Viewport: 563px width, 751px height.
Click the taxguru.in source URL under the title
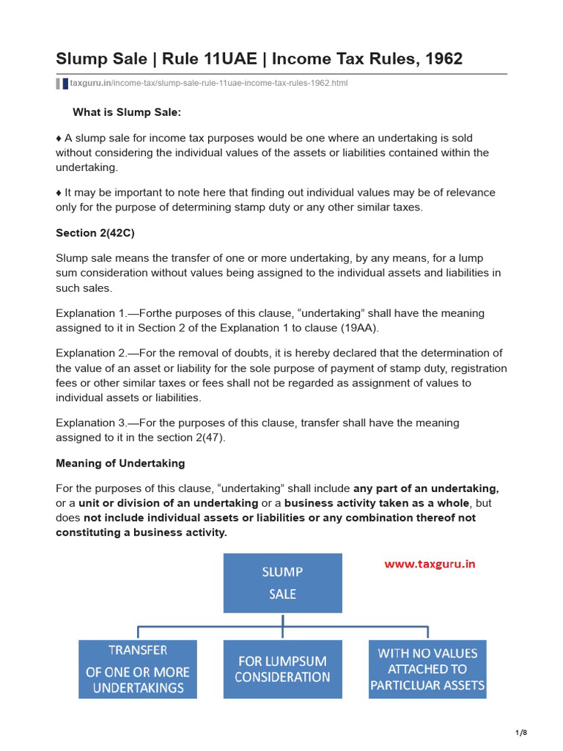[209, 83]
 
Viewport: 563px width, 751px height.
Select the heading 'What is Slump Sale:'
[126, 112]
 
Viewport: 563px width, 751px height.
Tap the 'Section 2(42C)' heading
[95, 232]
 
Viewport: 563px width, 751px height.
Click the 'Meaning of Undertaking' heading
[120, 463]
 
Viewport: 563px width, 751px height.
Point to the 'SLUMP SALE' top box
[282, 583]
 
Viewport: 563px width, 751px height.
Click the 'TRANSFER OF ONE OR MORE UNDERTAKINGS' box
[138, 669]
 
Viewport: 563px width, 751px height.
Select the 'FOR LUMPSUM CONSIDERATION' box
[282, 669]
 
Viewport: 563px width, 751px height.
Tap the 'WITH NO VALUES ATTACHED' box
[427, 669]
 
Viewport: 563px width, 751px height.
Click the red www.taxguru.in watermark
[430, 565]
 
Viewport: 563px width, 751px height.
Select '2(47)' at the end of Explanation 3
[209, 437]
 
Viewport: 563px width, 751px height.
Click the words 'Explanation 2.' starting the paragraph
[92, 353]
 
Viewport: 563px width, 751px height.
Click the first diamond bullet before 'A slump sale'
[59, 138]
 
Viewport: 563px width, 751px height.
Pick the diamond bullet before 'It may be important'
[59, 192]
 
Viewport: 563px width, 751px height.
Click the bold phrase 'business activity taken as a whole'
[377, 503]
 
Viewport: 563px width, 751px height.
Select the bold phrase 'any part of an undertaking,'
[426, 488]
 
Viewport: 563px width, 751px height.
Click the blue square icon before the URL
[65, 84]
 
